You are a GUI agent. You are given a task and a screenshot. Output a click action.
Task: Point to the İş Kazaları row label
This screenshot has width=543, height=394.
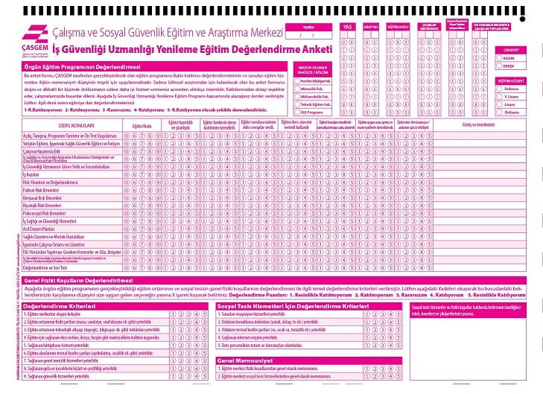(x=34, y=173)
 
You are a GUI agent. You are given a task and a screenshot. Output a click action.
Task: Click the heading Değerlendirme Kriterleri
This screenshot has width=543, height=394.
(x=59, y=305)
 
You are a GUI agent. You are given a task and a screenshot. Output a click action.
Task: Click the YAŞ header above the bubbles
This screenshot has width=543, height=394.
(x=347, y=26)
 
